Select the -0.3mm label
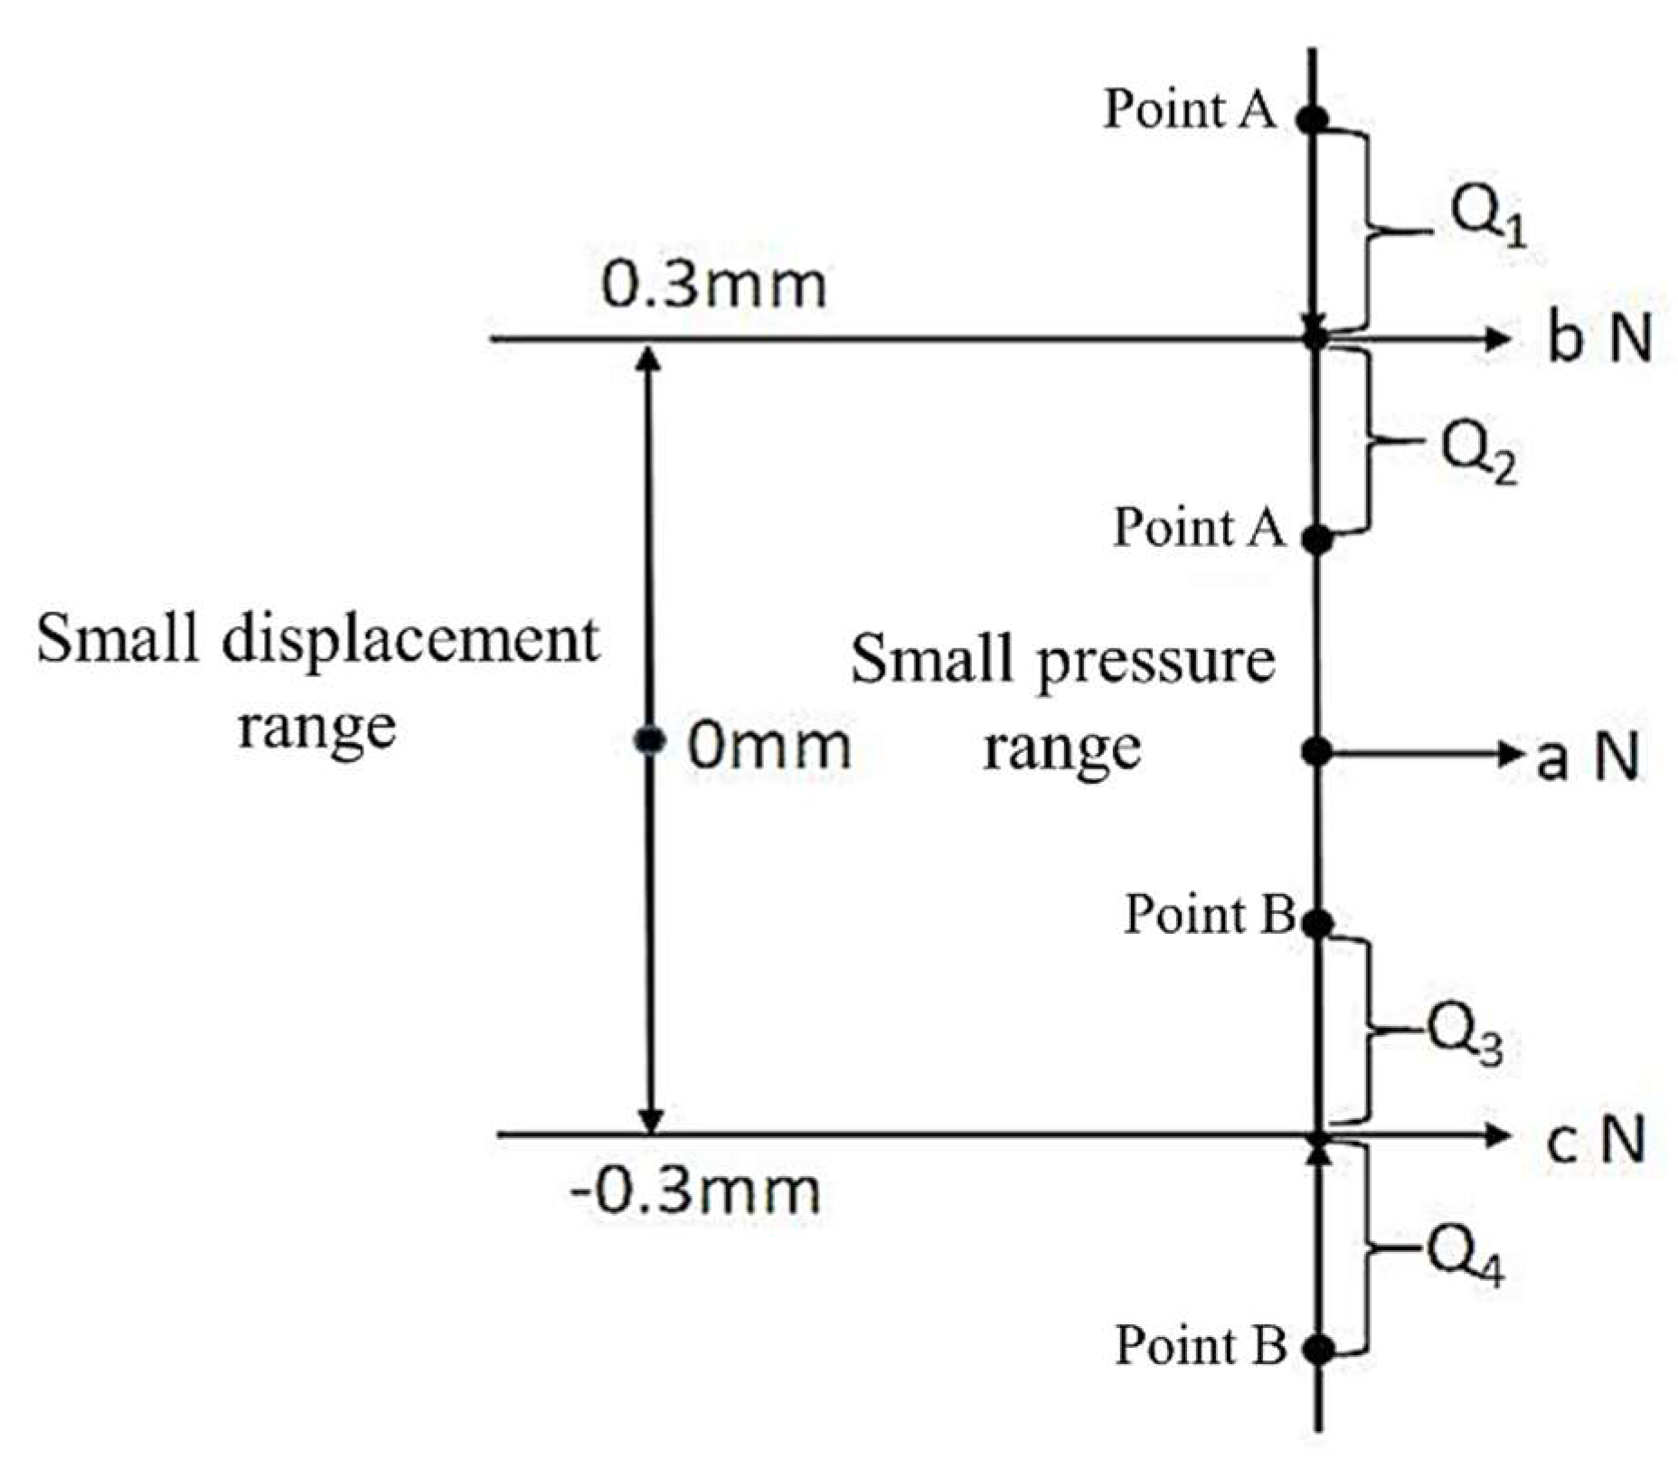click(694, 1191)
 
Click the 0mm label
click(768, 748)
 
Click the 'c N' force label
click(1594, 1139)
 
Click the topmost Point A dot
click(1313, 118)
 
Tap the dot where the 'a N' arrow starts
click(1316, 750)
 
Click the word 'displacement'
click(410, 642)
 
